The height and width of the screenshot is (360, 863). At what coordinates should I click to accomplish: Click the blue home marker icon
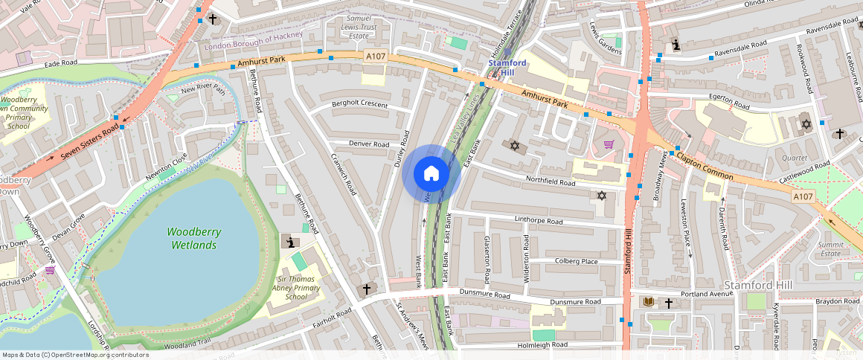pos(431,174)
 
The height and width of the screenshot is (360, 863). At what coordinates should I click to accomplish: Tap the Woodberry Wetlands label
pos(193,238)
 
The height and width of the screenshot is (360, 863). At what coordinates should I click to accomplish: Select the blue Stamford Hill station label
pos(507,68)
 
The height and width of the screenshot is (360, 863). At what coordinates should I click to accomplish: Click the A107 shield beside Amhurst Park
pos(374,56)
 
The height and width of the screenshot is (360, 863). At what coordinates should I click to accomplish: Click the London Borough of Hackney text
pos(254,36)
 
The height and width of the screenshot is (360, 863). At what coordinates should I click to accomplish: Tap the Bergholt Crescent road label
pos(360,104)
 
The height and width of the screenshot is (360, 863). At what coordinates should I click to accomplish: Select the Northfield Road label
pos(551,181)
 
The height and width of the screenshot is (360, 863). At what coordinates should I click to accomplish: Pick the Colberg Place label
pos(577,261)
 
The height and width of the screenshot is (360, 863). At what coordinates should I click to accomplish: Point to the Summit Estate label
pos(830,249)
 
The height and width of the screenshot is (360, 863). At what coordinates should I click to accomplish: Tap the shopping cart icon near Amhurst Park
pos(609,144)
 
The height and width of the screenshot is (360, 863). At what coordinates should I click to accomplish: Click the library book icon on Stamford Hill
pos(649,302)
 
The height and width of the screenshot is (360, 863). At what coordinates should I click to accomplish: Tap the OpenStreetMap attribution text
pos(75,355)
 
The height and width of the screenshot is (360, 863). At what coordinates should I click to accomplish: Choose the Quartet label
pos(794,158)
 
